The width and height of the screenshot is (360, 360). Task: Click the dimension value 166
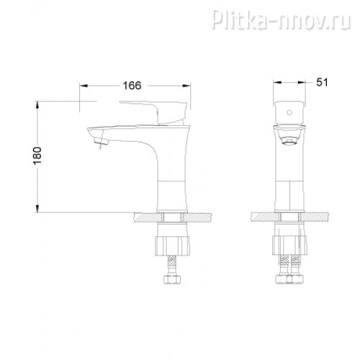[132, 86]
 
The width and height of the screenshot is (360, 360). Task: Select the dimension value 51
[322, 82]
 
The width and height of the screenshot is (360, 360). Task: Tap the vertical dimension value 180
[37, 156]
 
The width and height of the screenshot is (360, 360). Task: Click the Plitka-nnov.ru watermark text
[282, 19]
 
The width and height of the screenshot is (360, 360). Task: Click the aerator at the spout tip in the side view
[101, 141]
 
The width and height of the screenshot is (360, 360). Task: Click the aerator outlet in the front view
[290, 141]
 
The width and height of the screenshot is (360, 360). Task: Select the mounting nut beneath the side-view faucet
[172, 246]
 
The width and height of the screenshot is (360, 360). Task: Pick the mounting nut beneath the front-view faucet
[289, 246]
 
